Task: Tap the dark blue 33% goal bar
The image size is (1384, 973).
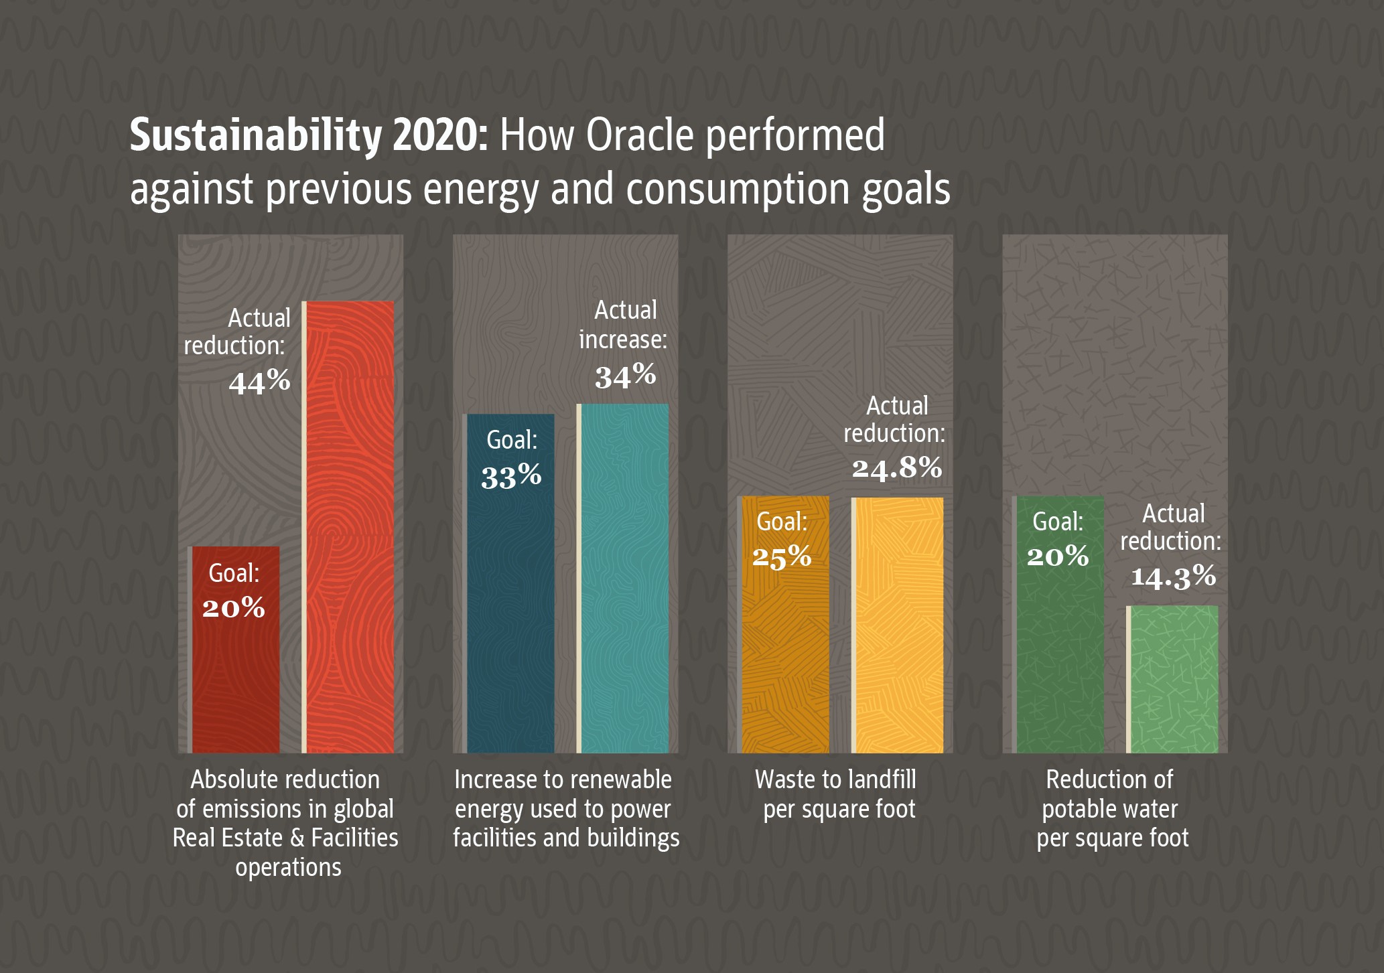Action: pos(510,603)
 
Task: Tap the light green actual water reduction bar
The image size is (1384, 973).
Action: pos(1174,679)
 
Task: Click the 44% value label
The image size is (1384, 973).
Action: pos(260,382)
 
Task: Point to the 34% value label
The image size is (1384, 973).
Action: pos(626,376)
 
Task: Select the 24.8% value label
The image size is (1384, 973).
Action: pos(897,467)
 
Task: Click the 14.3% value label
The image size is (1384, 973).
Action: pos(1174,577)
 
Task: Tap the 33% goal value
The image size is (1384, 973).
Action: pos(511,476)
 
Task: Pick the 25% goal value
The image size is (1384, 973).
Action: pos(782,556)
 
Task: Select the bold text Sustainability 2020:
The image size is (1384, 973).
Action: pos(309,136)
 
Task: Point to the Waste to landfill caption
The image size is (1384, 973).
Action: pos(835,780)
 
